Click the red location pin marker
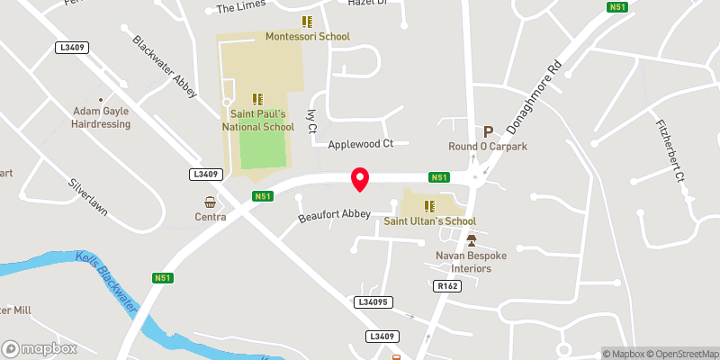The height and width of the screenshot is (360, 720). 360,178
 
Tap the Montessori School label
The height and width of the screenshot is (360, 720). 307,36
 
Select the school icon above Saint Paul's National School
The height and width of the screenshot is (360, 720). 257,99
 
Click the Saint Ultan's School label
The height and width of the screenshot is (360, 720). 429,220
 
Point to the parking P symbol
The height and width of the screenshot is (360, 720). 490,131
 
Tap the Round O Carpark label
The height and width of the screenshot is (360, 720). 487,146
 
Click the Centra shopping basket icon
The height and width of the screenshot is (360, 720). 210,202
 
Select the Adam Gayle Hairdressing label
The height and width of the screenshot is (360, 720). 102,117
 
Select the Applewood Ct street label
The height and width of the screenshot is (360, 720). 361,143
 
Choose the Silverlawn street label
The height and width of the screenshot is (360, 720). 88,195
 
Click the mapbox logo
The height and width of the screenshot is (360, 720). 40,348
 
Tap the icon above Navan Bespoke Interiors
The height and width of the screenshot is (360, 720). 471,241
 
